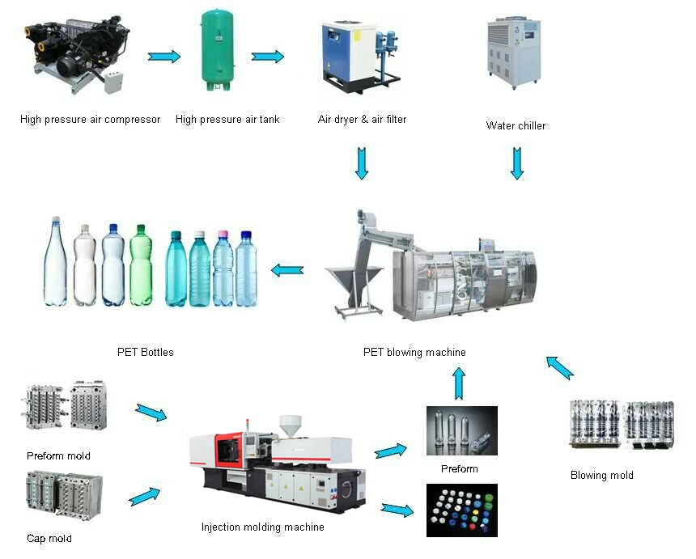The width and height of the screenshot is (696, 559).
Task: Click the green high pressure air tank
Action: pos(220,50)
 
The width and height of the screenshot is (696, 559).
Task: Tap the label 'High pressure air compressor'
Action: pos(91,120)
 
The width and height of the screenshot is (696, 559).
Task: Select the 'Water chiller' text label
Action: pos(516,125)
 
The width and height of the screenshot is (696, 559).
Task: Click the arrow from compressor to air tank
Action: pos(164,57)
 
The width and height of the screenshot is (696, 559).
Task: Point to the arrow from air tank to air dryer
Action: pos(268,57)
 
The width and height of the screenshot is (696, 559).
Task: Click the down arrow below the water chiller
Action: pos(517,163)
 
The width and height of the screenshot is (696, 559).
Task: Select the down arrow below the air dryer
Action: pos(362,163)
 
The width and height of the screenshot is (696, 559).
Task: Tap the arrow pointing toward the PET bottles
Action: pos(286,270)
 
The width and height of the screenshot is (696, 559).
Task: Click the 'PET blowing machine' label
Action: pos(414,353)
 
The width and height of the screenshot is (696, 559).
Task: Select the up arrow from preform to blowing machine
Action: pos(459,383)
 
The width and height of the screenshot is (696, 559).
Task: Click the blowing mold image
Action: pos(622,424)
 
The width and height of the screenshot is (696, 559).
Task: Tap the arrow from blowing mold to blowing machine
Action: pos(559,366)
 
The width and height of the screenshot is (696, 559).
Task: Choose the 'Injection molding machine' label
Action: pos(263,527)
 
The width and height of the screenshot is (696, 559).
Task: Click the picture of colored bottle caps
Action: pos(461,510)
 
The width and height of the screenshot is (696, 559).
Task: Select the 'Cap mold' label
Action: pos(49,539)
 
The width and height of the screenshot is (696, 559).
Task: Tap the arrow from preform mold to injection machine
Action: pos(151,413)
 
